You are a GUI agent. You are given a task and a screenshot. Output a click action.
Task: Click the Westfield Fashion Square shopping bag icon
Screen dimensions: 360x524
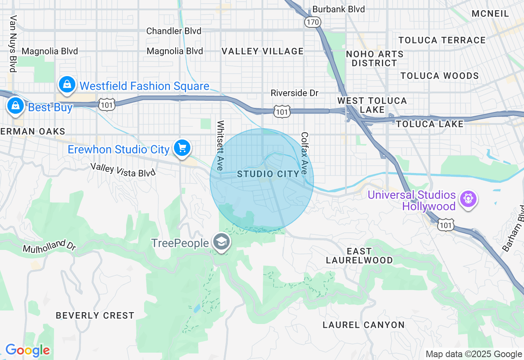point(67,85)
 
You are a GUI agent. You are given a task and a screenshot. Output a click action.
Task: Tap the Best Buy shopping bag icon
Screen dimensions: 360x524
point(15,106)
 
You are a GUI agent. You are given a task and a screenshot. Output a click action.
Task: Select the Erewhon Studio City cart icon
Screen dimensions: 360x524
point(182,148)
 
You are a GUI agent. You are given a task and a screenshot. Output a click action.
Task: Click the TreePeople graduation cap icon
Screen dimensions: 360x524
point(221,242)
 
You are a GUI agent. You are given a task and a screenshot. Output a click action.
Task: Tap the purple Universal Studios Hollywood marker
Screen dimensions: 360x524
point(467,199)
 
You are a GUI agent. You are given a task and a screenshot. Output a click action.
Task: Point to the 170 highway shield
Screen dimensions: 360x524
point(312,22)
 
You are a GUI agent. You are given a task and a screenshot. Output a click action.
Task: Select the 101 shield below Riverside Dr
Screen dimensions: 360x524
point(282,111)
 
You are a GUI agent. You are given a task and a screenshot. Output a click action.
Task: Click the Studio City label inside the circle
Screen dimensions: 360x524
point(269,174)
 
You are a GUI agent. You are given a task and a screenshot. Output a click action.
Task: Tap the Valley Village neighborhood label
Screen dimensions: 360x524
point(262,51)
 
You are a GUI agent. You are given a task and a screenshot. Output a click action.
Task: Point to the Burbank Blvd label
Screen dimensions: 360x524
point(338,9)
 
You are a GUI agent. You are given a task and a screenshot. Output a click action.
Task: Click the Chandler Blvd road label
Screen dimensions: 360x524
point(174,31)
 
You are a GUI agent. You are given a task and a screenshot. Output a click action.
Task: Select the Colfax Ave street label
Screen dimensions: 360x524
point(304,153)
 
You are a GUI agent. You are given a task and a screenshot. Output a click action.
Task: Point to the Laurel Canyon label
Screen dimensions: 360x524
point(364,325)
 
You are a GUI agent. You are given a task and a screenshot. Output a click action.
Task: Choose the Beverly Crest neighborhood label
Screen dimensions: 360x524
point(95,315)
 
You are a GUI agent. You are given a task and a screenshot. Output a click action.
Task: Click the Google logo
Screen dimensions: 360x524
point(27,350)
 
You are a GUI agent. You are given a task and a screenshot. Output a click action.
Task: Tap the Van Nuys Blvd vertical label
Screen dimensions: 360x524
point(13,44)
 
